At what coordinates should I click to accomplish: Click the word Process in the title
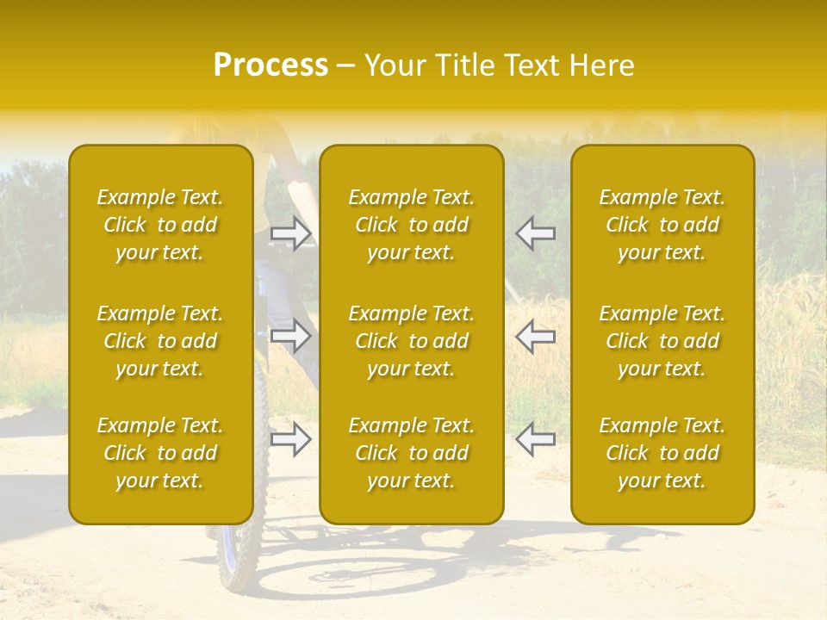tap(270, 65)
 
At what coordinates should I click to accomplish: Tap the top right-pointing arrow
tap(291, 233)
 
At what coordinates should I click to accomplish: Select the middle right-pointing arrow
tap(291, 336)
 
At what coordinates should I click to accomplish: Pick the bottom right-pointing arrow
tap(291, 439)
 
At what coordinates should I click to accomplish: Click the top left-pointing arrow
tap(536, 233)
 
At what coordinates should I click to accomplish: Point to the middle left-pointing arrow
tap(536, 336)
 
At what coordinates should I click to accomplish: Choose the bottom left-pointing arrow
tap(536, 439)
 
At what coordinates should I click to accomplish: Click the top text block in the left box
tap(160, 225)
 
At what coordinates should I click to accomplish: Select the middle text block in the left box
tap(160, 341)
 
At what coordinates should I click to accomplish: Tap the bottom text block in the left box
tap(160, 453)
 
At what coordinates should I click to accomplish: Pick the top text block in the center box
tap(412, 225)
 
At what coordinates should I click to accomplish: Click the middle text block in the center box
tap(412, 341)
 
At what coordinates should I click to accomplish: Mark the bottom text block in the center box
tap(412, 453)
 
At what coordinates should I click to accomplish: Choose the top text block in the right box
tap(662, 225)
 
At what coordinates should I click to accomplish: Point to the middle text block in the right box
tap(662, 341)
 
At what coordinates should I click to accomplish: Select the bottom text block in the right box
tap(662, 453)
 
